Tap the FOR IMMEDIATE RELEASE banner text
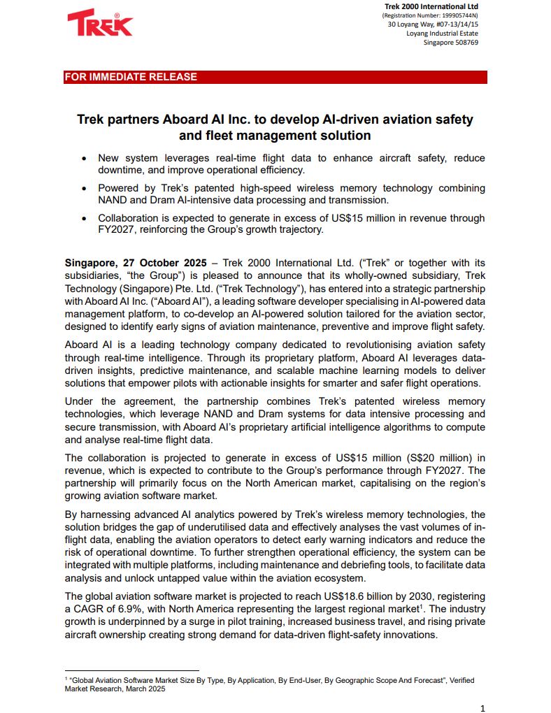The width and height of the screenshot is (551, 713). point(131,77)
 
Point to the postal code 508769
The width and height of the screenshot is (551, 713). point(465,43)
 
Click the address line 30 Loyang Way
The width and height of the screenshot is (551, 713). point(433,24)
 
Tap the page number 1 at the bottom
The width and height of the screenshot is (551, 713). point(482,708)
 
